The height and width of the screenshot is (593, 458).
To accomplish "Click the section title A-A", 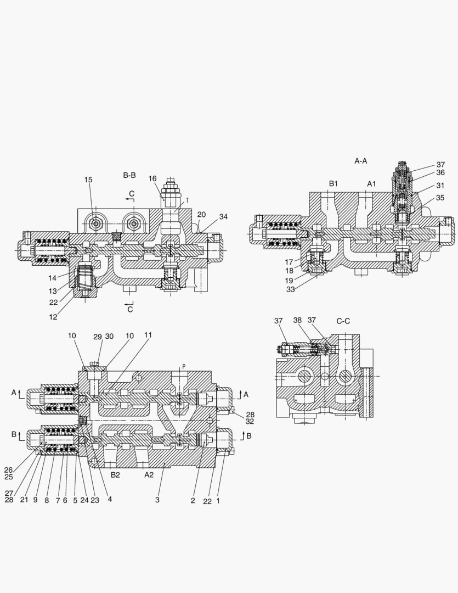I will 360,161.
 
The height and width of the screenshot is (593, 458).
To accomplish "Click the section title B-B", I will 129,175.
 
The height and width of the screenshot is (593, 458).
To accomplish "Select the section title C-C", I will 344,321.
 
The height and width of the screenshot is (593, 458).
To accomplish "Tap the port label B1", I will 333,183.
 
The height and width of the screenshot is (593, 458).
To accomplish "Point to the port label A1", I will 371,183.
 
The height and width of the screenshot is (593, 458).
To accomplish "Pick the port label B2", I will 115,475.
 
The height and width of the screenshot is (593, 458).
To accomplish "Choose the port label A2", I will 149,475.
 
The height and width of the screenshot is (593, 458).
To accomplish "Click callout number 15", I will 88,180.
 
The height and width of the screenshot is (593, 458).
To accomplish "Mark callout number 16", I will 152,178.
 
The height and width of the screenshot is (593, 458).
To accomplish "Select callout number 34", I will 223,217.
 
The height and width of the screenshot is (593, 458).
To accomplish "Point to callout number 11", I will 148,335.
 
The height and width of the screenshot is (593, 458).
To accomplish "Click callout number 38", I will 297,320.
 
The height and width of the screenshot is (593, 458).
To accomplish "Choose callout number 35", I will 440,198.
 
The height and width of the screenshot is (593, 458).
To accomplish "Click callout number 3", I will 157,500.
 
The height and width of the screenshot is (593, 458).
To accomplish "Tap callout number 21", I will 24,500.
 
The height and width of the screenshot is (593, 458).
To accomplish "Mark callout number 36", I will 440,172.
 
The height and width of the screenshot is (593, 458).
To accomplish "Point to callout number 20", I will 201,215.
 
